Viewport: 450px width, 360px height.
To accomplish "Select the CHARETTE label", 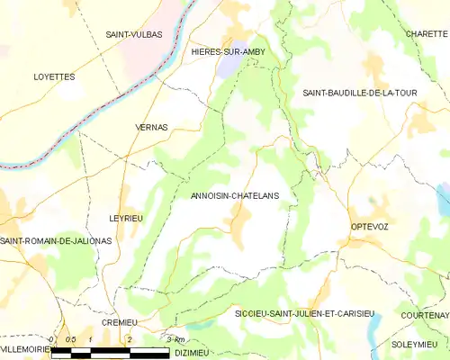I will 426,33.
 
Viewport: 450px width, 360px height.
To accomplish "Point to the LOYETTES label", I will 54,77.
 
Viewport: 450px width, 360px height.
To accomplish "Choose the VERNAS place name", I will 151,128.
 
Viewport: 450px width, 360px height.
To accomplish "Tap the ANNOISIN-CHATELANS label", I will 235,195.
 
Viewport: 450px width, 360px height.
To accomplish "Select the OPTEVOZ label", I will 369,227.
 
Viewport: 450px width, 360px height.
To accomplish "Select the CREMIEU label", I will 119,321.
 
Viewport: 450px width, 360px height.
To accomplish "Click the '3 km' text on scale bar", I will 175,338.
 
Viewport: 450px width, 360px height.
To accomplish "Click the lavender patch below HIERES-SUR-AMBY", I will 230,68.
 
